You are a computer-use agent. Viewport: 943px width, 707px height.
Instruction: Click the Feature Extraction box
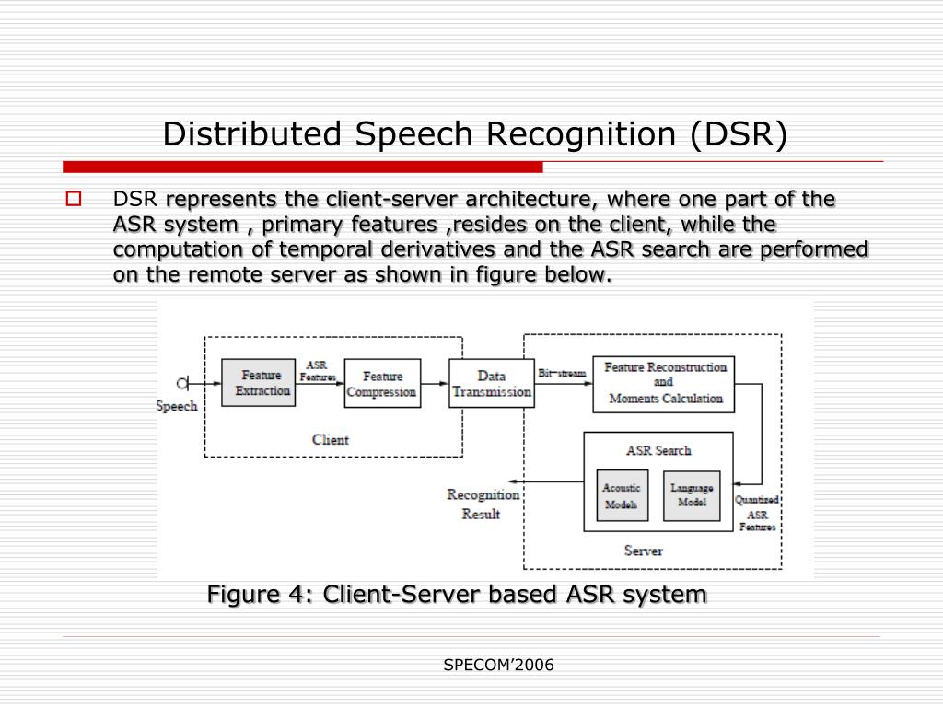tap(262, 383)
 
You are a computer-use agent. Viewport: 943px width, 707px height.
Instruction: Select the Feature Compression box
tap(381, 384)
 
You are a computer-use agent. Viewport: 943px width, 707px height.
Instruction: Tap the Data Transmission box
tap(492, 384)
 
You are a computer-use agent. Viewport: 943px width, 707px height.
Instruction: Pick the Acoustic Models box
tap(621, 496)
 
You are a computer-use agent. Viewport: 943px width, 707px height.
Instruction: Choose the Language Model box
tap(692, 496)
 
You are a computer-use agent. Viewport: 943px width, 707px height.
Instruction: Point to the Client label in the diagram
tap(330, 440)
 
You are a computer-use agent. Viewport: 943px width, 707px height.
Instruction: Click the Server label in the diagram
tap(643, 551)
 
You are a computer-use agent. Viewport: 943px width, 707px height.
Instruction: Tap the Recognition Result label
tap(482, 504)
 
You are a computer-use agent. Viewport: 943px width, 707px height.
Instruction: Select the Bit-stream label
tap(562, 372)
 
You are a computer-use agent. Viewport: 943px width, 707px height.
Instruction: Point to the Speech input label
tap(177, 406)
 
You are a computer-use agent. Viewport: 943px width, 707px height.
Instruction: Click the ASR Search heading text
tap(658, 450)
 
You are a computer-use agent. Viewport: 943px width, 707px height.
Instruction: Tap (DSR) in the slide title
tap(739, 134)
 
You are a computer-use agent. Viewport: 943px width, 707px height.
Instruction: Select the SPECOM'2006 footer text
tap(498, 665)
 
